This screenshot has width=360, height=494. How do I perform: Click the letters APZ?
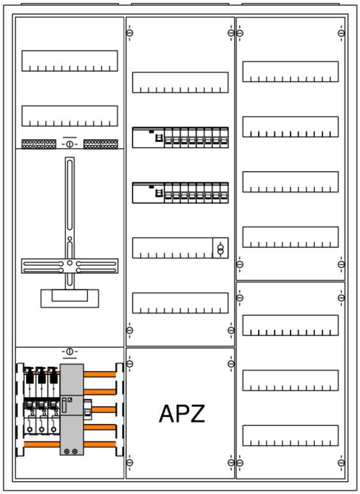(x=182, y=414)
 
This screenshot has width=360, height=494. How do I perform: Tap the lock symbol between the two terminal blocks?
(x=70, y=143)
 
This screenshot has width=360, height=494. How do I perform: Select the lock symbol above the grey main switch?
(x=70, y=351)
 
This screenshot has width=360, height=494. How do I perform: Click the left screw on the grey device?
(x=67, y=451)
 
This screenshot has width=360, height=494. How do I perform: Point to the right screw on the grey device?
(x=75, y=451)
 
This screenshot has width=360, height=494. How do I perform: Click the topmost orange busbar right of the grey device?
(x=100, y=374)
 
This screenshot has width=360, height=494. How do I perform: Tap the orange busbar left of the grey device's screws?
(x=42, y=444)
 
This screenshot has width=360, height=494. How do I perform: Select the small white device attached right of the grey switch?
(x=87, y=410)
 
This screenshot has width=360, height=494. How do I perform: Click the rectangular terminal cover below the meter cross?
(x=69, y=298)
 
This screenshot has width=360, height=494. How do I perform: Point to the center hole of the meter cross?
(x=70, y=263)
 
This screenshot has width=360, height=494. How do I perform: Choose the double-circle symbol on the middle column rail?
(x=221, y=248)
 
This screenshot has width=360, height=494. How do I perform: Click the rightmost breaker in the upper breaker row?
(x=224, y=138)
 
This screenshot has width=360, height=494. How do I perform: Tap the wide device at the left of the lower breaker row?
(x=148, y=193)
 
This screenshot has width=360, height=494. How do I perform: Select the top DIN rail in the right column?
(x=291, y=72)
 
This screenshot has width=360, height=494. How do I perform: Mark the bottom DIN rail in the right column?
(x=291, y=436)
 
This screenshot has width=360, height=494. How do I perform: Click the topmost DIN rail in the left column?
(x=69, y=61)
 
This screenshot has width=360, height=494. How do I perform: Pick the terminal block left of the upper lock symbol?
(x=39, y=144)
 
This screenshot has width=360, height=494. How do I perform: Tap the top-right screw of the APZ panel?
(x=231, y=364)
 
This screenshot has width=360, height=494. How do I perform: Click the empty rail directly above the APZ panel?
(x=181, y=303)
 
